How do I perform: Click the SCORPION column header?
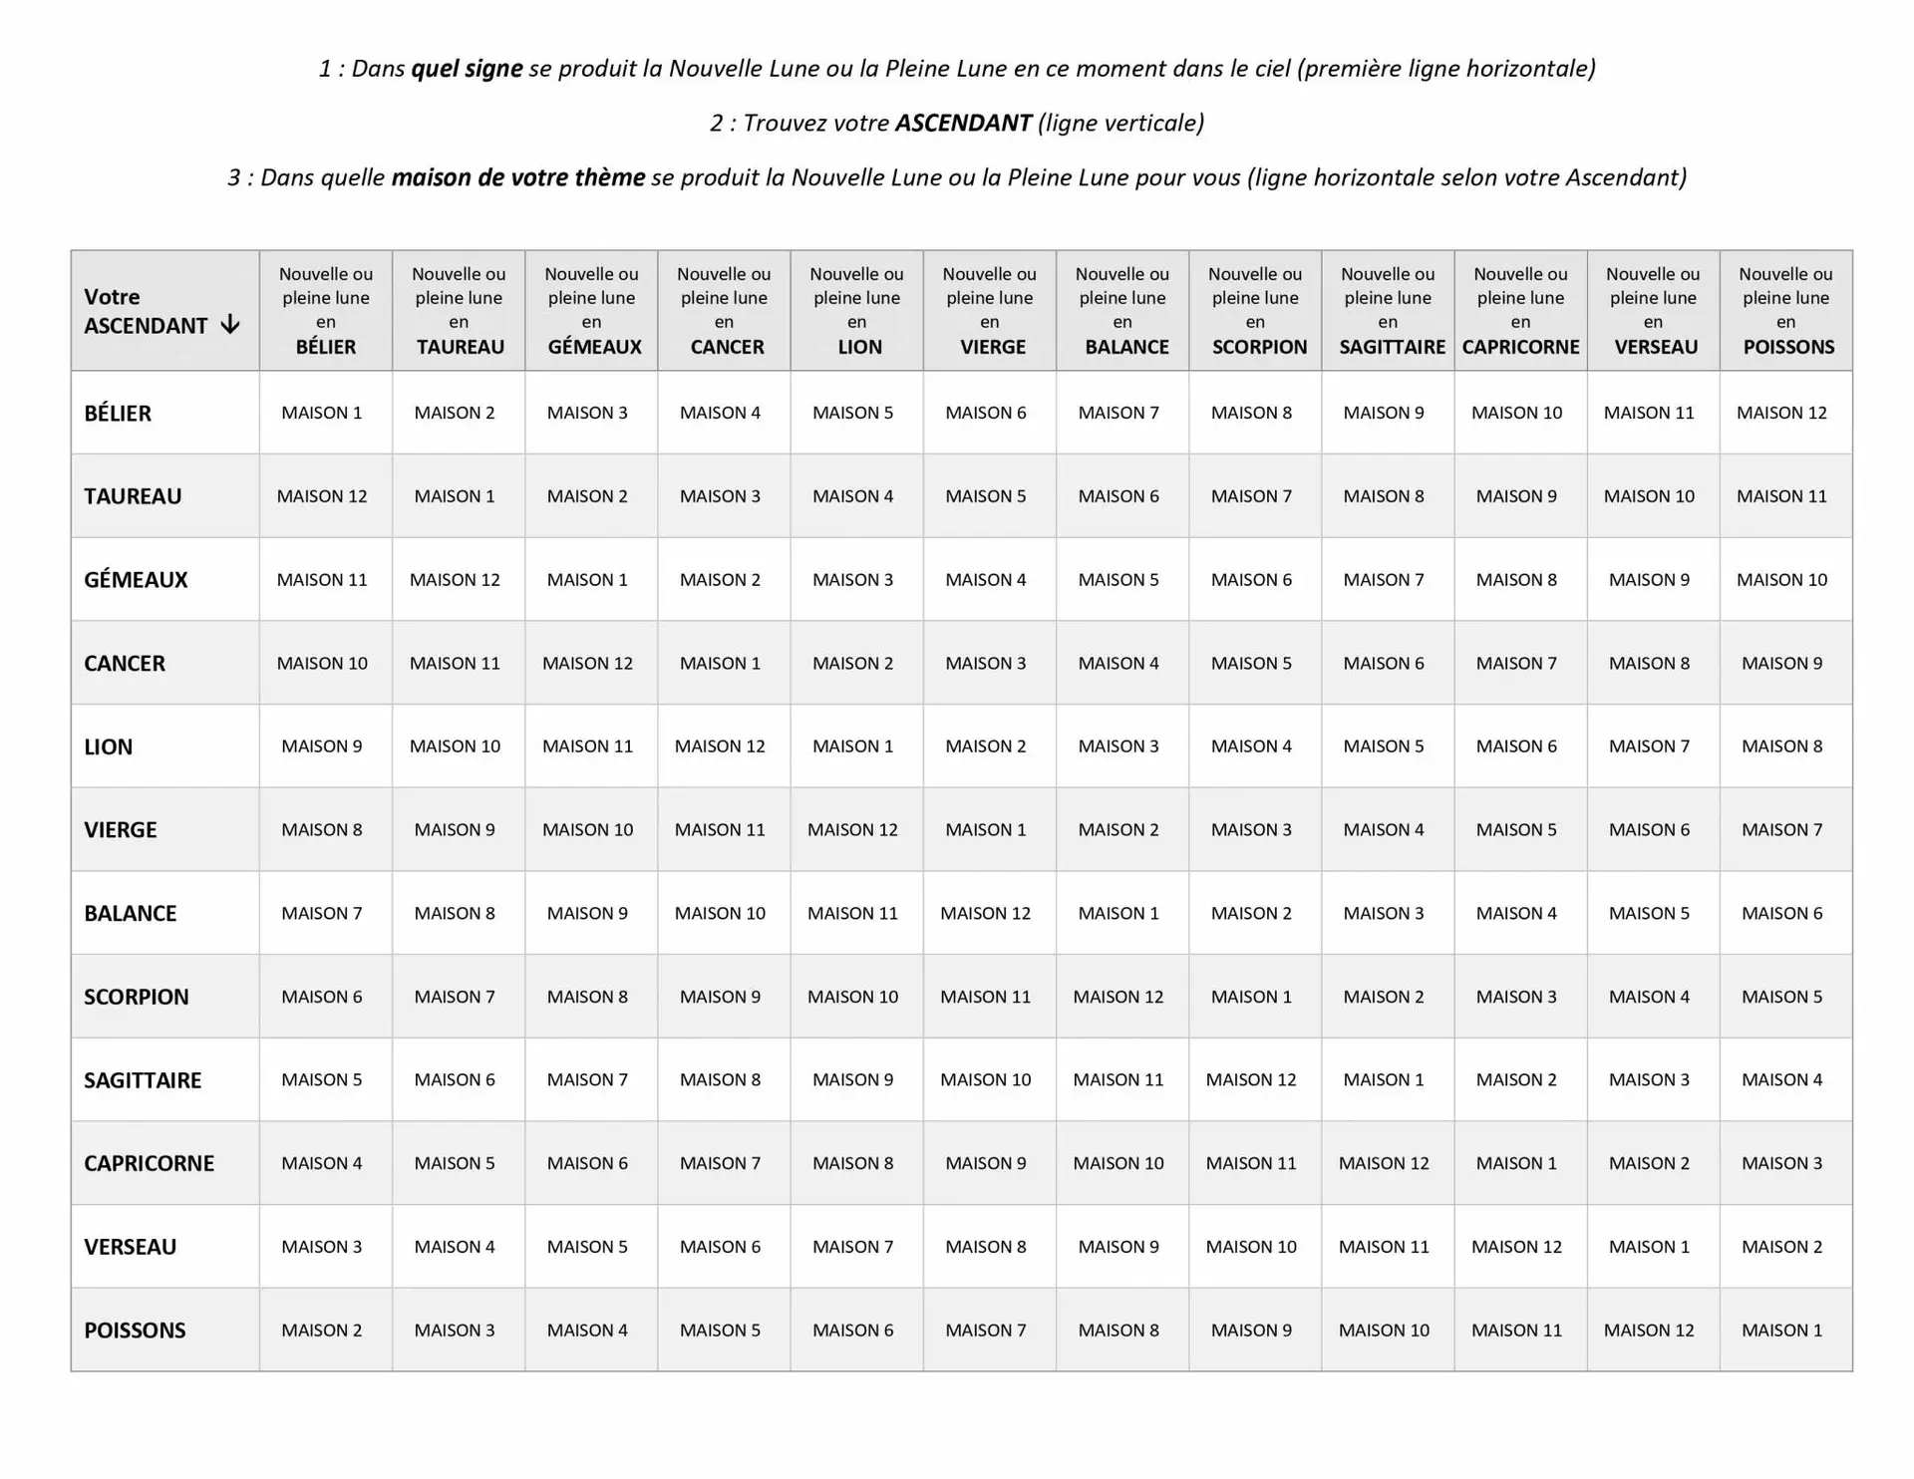(x=1255, y=310)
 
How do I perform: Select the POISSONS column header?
(x=1785, y=310)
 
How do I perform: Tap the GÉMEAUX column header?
(x=591, y=310)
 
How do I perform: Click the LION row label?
(x=109, y=746)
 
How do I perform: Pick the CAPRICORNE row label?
(x=149, y=1163)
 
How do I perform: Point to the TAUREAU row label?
(x=133, y=496)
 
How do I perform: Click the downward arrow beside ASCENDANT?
(x=230, y=324)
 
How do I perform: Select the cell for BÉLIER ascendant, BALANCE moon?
(x=1118, y=413)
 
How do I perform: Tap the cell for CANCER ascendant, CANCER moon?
(x=720, y=663)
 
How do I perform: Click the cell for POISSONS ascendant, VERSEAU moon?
(x=1649, y=1330)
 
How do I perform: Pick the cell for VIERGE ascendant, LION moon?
(x=852, y=829)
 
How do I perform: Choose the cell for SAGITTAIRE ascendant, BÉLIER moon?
(x=322, y=1079)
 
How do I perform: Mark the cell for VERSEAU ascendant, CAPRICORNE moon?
(x=1516, y=1247)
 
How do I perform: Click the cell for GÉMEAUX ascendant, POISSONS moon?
(x=1781, y=579)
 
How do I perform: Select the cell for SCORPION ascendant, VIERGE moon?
(x=985, y=997)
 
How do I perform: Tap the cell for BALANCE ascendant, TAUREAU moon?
(x=455, y=913)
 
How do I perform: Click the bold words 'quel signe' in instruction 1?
(x=467, y=69)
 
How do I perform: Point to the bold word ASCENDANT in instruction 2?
(x=962, y=124)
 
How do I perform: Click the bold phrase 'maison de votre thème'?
(x=517, y=177)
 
